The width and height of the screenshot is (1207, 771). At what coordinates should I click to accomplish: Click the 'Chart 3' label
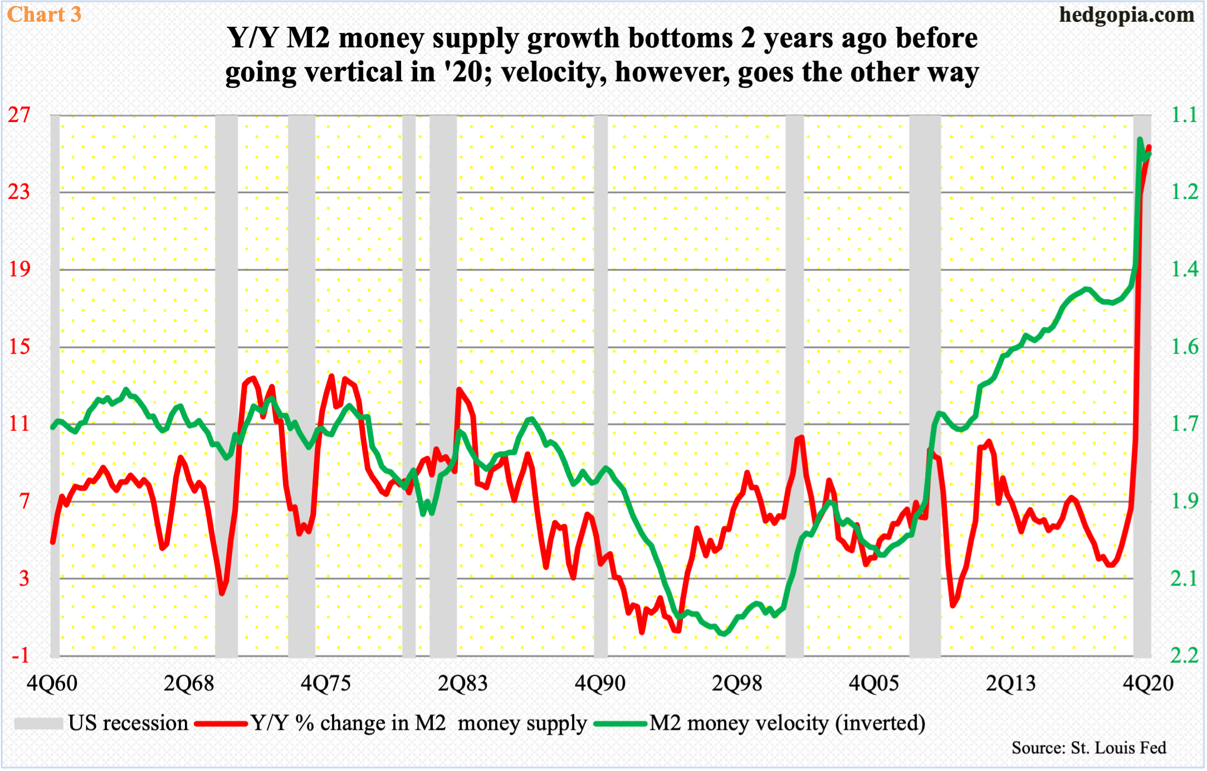click(x=44, y=14)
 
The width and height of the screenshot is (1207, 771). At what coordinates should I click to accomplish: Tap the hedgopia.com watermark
click(x=1126, y=14)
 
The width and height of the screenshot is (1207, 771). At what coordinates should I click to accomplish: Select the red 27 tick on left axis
click(x=19, y=115)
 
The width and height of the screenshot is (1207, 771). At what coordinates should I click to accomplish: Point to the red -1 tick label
click(x=20, y=655)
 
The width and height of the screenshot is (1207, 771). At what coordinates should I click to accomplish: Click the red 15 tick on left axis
click(x=19, y=347)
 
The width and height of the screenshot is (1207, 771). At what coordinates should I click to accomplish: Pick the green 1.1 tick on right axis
click(x=1184, y=115)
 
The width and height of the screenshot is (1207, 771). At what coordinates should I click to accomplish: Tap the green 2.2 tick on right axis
click(x=1184, y=655)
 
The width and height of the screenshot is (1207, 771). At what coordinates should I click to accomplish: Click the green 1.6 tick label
click(x=1184, y=347)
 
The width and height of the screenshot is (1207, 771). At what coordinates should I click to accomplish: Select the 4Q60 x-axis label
click(x=52, y=683)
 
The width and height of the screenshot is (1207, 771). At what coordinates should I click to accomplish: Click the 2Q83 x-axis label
click(x=462, y=683)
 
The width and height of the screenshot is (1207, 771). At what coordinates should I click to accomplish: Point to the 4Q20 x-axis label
click(x=1148, y=683)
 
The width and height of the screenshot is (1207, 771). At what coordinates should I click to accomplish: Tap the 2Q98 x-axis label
click(x=736, y=683)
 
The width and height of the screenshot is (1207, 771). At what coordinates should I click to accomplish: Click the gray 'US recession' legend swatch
click(x=38, y=724)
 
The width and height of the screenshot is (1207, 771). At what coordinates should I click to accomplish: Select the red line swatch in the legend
click(x=221, y=724)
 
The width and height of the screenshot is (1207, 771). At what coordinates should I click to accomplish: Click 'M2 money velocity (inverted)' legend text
click(x=787, y=723)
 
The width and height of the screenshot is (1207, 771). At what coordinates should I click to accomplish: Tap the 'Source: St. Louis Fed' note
click(x=1088, y=748)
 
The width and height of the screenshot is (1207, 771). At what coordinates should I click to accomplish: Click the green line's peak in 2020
click(x=1140, y=139)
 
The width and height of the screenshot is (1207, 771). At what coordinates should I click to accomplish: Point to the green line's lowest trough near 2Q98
click(x=722, y=633)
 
